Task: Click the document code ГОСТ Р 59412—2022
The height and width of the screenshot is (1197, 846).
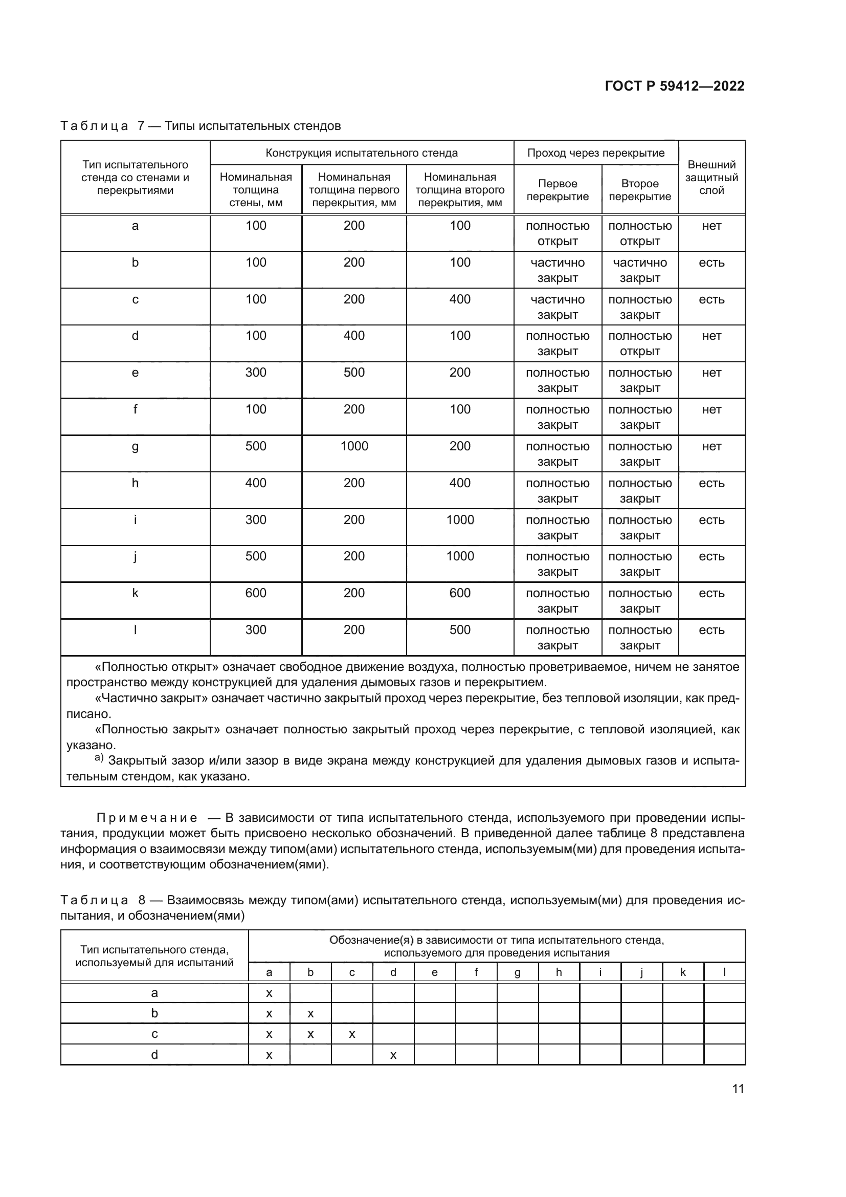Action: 674,86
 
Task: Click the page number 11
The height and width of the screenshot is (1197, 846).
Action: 738,1089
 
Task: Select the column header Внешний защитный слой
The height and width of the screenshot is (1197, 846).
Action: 711,177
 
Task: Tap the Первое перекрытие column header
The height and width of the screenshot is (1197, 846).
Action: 558,190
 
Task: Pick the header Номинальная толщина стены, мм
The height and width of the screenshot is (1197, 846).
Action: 256,190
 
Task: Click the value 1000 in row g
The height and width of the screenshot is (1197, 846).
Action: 354,446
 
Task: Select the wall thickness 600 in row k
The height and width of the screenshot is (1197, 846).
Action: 256,593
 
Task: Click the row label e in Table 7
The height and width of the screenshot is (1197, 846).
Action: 136,373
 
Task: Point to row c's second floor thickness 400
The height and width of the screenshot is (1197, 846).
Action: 460,299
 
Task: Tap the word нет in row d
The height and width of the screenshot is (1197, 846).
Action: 711,336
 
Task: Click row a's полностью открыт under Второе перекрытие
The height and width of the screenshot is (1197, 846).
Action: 640,233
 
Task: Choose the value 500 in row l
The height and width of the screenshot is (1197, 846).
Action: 460,630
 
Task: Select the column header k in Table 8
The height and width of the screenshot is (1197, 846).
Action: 683,972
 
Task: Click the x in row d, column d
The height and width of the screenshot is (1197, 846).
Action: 393,1055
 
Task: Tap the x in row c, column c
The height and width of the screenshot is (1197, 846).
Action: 352,1034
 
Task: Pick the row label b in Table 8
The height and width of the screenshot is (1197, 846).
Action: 154,1013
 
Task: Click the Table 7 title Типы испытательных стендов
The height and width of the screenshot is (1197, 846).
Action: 252,126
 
